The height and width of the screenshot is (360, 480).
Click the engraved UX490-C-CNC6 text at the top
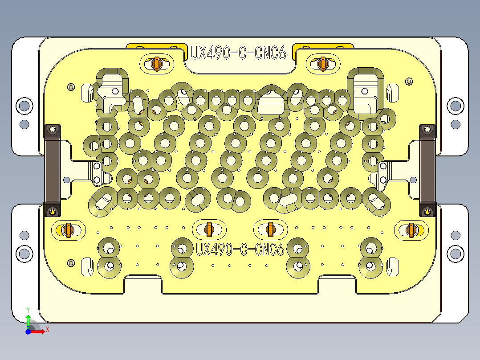(x=238, y=53)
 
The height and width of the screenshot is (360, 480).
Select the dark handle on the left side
(x=52, y=170)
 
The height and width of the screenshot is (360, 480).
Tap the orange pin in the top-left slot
(x=156, y=64)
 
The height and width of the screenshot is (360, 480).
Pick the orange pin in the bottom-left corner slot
(x=68, y=230)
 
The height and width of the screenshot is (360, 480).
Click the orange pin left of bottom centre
(x=209, y=229)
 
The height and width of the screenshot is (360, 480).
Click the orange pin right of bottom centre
(x=270, y=229)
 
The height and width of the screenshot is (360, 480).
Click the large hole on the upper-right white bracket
(x=455, y=106)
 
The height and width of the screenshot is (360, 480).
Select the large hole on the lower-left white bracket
(x=24, y=254)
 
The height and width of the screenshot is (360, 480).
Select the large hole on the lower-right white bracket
(x=455, y=254)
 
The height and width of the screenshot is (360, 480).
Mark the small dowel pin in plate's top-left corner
(x=70, y=86)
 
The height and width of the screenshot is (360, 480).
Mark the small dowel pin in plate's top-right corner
(x=409, y=82)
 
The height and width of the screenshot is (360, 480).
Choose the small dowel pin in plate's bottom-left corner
(x=70, y=263)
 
